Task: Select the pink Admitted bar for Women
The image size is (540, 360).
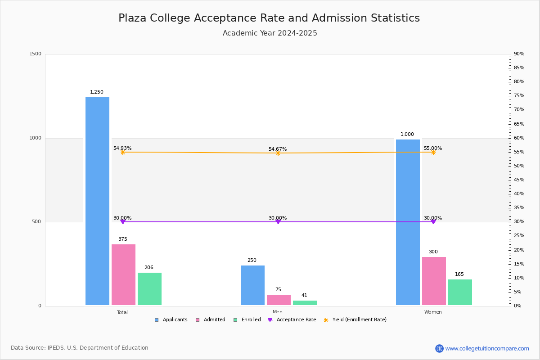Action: point(434,281)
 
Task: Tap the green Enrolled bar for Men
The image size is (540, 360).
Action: point(305,303)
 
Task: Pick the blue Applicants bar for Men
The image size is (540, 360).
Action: point(252,285)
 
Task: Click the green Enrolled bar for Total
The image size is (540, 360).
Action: point(149,289)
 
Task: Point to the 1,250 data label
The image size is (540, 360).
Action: point(97,92)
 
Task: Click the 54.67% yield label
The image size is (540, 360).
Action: point(278,149)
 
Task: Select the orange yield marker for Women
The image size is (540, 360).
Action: point(433,152)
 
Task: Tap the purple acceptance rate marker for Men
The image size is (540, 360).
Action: point(278,221)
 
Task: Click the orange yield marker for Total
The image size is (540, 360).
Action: point(123,152)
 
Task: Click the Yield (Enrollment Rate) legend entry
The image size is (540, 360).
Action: point(359,320)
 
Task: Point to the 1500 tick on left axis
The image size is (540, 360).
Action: point(35,54)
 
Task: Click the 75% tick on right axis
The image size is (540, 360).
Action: point(519,96)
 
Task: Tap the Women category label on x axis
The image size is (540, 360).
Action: point(433,312)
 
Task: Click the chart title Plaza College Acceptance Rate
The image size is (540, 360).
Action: point(269,18)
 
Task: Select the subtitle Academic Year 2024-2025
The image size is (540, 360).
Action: point(270,33)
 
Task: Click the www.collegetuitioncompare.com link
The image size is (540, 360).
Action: point(487,348)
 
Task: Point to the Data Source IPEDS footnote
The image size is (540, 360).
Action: point(80,348)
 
